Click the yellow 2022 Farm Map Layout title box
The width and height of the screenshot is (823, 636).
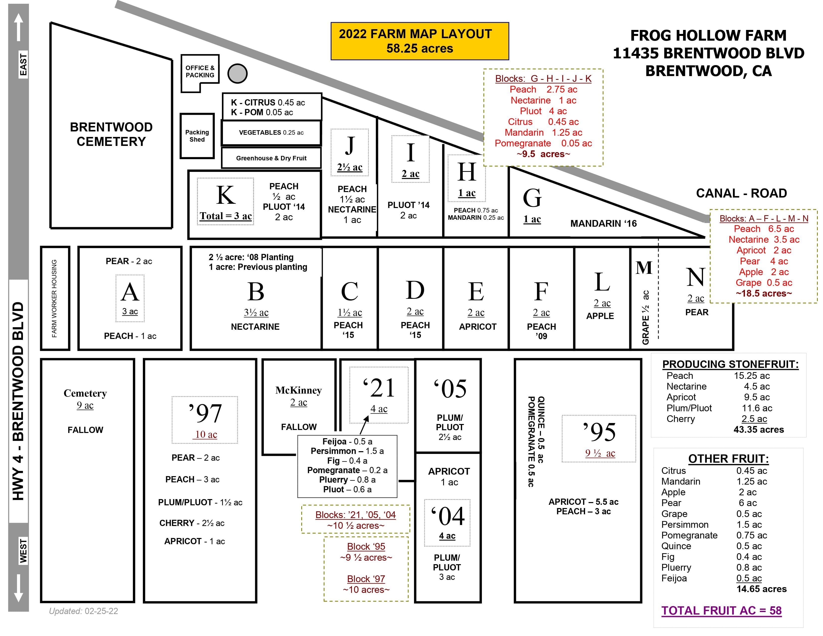tap(419, 41)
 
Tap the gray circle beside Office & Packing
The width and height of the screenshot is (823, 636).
tap(237, 74)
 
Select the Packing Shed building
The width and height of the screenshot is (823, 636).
tap(197, 136)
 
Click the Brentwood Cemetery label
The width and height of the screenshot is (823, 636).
tap(111, 134)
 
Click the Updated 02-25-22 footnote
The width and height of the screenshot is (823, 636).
tap(83, 611)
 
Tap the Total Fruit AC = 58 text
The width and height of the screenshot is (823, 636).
tap(721, 610)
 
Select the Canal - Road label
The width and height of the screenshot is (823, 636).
tap(741, 193)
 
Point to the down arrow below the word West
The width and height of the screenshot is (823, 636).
tap(18, 588)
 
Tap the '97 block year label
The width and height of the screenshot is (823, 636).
tap(205, 413)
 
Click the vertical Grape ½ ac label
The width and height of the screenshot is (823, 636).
tap(645, 317)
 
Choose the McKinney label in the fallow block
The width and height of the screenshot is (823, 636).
tap(299, 390)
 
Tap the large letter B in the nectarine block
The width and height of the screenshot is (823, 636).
tap(256, 292)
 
